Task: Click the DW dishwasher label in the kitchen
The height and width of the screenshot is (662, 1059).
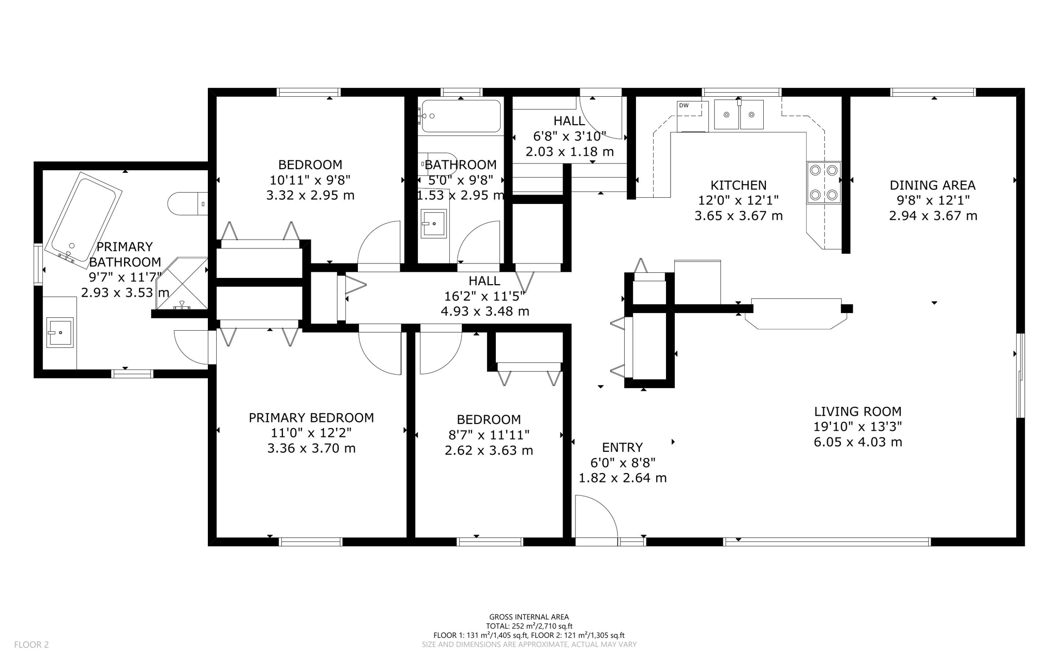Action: click(684, 106)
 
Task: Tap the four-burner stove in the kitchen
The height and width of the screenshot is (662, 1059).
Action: click(823, 182)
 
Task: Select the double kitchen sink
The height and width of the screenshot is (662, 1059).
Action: click(738, 114)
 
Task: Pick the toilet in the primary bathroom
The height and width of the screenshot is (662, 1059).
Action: click(187, 204)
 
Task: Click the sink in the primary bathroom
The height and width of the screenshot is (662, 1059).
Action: click(60, 332)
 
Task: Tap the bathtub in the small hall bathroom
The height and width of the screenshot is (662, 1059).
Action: click(461, 116)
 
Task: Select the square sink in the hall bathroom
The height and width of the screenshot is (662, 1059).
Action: click(433, 224)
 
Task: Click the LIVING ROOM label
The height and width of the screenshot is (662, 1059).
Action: click(857, 411)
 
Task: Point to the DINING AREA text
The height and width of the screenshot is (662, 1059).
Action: click(932, 185)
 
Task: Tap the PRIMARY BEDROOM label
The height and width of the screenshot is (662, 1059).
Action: click(311, 418)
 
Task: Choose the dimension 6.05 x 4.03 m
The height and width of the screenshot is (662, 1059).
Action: click(857, 442)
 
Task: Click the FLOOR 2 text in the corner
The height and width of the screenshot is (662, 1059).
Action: click(31, 644)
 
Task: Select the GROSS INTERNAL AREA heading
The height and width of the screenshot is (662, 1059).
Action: click(529, 616)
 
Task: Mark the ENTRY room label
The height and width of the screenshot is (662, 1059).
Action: click(622, 447)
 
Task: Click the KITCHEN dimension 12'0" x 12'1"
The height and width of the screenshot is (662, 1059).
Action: click(738, 200)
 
